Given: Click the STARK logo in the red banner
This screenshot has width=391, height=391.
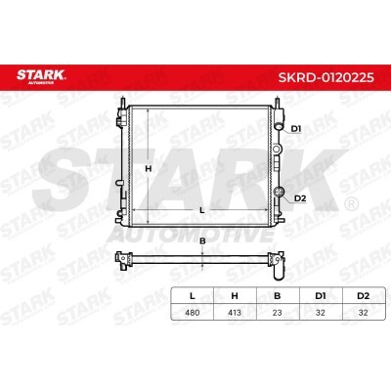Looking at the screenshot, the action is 41,76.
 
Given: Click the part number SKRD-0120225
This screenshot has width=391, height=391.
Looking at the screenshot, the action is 326,77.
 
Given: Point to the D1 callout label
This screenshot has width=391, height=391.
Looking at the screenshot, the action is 296,129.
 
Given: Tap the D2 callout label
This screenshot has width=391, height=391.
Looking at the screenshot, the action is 300,198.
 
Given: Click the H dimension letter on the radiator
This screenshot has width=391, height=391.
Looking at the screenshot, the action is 149,169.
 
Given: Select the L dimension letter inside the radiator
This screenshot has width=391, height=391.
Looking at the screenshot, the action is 202,210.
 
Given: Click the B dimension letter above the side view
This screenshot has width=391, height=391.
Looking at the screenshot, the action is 202,241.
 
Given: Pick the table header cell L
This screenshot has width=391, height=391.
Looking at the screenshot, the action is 193,296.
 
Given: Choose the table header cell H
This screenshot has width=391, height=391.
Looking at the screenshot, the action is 235,296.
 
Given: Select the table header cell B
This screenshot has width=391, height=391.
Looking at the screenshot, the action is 278,296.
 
